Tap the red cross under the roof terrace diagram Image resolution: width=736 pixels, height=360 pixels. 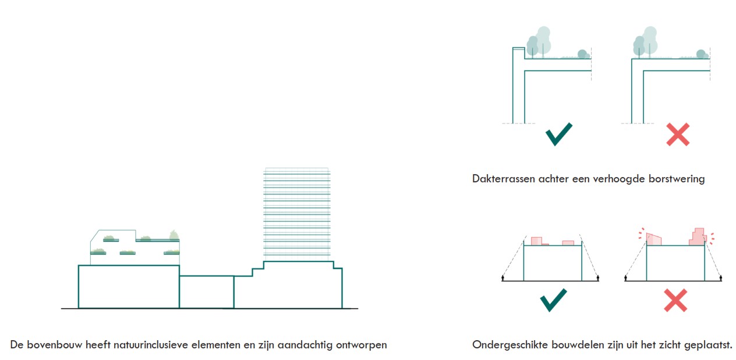[678, 134]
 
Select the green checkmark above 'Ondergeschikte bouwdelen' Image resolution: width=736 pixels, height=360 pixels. [553, 300]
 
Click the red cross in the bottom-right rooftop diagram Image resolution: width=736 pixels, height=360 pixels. [675, 300]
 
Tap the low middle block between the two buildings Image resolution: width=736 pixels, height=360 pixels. [206, 291]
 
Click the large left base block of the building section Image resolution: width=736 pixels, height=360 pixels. [128, 287]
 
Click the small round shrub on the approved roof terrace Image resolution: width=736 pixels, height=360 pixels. [582, 54]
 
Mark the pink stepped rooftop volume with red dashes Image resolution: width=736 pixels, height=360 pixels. [698, 237]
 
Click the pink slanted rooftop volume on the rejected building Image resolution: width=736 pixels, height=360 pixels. [654, 239]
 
